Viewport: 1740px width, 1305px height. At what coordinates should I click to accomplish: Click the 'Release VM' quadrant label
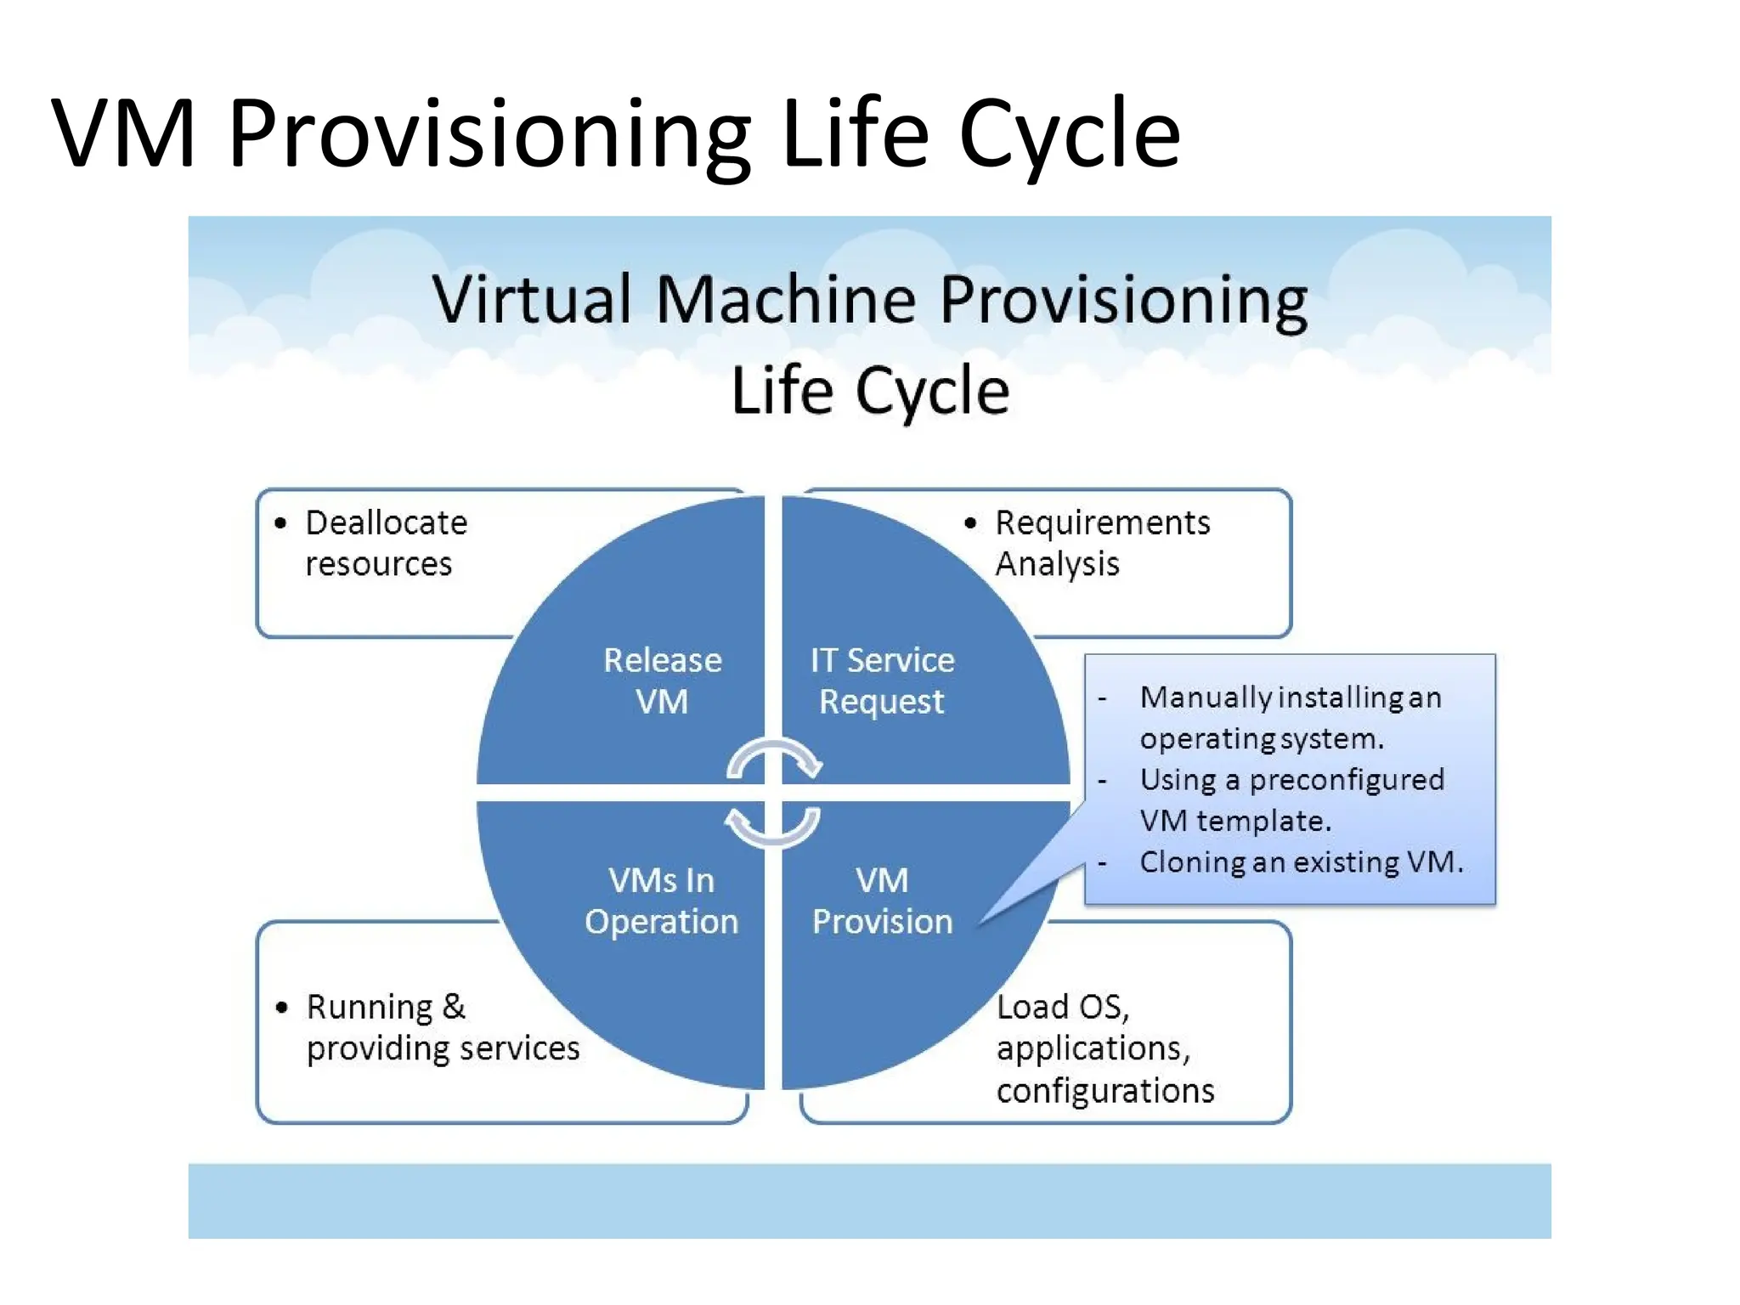[662, 681]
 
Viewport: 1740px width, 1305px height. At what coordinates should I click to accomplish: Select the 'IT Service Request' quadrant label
[882, 681]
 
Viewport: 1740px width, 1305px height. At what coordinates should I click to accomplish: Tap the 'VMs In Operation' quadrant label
[661, 901]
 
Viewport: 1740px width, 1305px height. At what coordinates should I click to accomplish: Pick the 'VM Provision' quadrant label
[882, 901]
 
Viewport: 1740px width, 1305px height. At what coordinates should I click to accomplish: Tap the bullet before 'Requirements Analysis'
[970, 523]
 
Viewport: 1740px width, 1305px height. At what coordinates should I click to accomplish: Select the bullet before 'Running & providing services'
[282, 1008]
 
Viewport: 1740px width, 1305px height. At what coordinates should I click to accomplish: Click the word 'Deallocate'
[387, 523]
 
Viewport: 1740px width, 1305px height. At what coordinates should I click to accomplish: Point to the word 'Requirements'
[1103, 523]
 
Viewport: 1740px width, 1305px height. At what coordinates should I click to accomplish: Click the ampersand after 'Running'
[454, 1007]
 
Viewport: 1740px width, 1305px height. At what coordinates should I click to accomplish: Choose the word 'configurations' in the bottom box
[1105, 1090]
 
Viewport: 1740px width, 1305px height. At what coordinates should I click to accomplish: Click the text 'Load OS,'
[1063, 1007]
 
